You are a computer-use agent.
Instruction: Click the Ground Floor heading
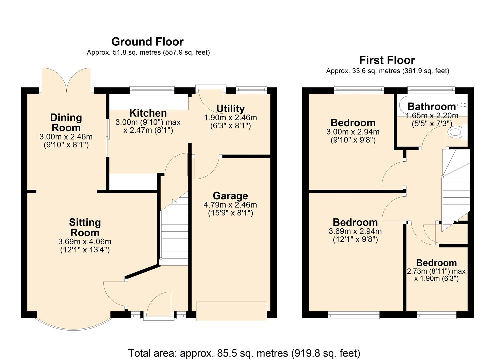[147, 42]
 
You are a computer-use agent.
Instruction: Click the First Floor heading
[387, 60]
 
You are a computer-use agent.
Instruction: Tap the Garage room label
[230, 196]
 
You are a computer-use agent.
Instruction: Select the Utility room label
[230, 109]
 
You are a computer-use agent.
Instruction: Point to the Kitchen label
[148, 113]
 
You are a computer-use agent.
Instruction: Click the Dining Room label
[66, 122]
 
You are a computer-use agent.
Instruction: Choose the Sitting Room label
[85, 227]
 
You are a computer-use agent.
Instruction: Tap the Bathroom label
[431, 106]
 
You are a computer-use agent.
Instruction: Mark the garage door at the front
[232, 311]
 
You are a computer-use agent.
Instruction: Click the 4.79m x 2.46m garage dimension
[230, 205]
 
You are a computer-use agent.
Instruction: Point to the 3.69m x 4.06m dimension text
[85, 242]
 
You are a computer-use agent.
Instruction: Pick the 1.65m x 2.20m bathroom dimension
[432, 116]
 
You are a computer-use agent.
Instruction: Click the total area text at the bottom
[244, 353]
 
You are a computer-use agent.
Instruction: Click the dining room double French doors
[67, 80]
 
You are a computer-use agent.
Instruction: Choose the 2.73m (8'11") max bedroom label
[436, 271]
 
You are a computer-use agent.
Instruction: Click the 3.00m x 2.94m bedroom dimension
[353, 132]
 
